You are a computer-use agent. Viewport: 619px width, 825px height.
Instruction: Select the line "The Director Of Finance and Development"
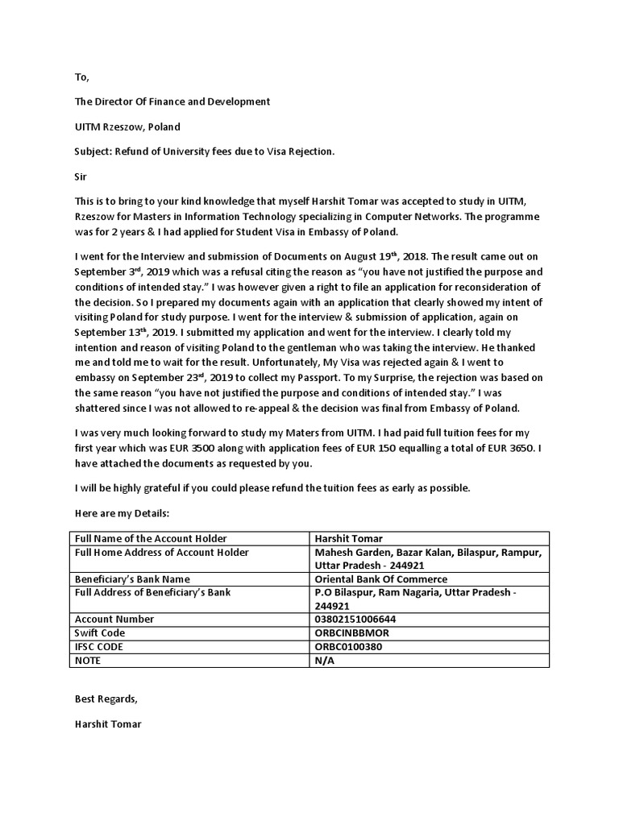coord(172,102)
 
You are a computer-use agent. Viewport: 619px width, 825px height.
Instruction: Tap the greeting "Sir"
coord(81,176)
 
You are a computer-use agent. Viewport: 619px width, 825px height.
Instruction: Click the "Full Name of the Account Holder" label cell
coord(151,538)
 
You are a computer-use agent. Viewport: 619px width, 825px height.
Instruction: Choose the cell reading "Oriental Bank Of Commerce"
coord(380,579)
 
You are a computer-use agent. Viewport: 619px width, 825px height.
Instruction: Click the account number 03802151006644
coord(355,620)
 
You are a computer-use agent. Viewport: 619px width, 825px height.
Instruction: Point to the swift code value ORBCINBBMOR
coord(351,633)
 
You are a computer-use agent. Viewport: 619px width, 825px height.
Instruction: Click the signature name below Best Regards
coord(108,724)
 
